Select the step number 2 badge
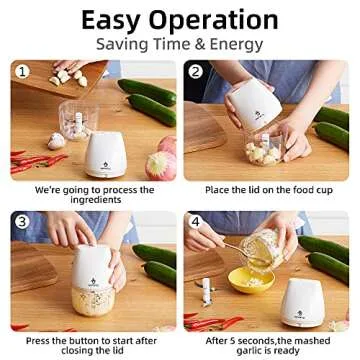coord(196,72)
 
